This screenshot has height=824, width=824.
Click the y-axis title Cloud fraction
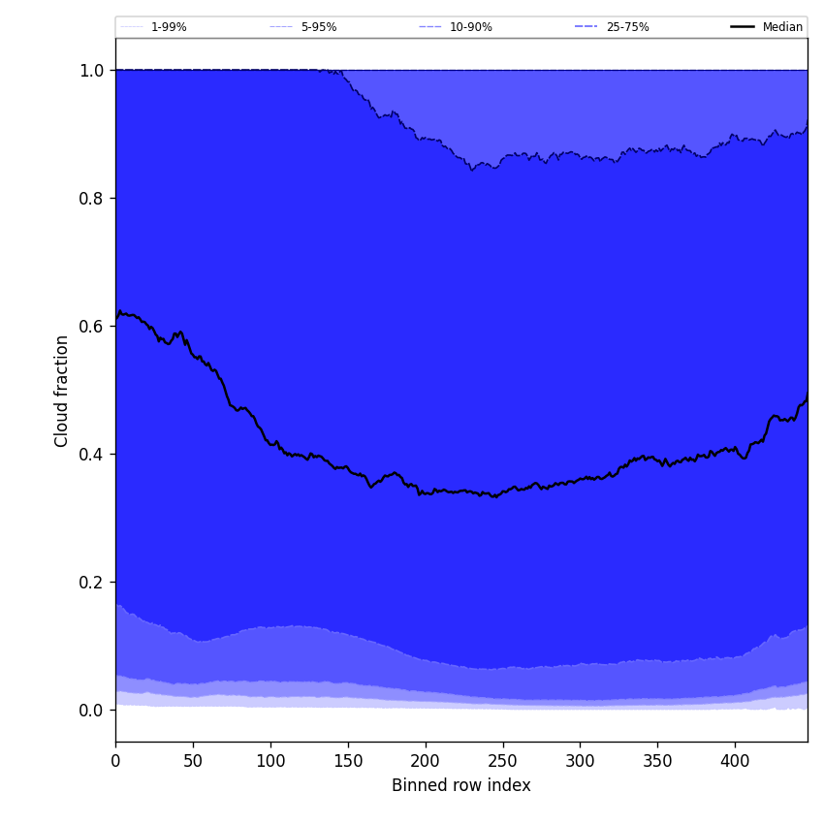(62, 391)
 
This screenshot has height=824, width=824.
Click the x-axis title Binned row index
(460, 785)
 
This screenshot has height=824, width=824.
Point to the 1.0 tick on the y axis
(92, 71)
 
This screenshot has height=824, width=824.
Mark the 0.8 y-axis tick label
(92, 199)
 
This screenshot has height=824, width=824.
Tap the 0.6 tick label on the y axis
(92, 327)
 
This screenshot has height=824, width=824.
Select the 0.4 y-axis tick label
(92, 455)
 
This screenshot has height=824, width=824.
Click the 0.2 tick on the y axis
(92, 583)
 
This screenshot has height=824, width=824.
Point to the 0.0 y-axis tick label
(92, 711)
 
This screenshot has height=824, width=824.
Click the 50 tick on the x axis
(193, 762)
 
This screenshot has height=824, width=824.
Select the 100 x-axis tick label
(270, 762)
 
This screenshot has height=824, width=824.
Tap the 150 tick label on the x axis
(348, 762)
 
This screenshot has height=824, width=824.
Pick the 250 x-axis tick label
(502, 762)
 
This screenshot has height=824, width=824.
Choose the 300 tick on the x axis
(580, 762)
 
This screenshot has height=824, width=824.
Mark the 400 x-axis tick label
(735, 762)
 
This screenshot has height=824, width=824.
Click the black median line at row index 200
(425, 492)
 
